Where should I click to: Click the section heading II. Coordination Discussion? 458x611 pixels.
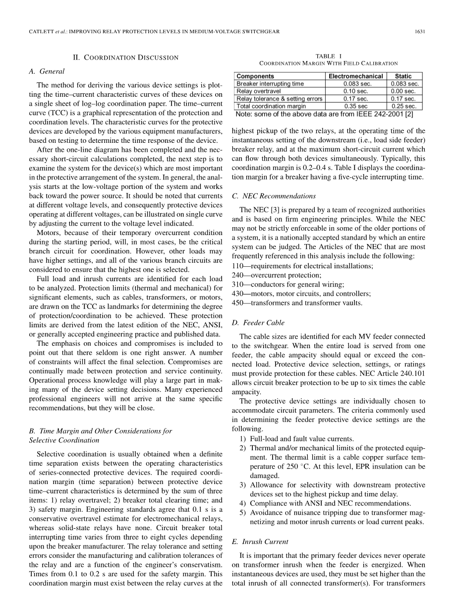(126, 58)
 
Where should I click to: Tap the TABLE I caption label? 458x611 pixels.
(329, 56)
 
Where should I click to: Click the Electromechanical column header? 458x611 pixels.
(355, 76)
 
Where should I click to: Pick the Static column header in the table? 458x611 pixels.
(403, 76)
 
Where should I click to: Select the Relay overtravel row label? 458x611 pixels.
(258, 91)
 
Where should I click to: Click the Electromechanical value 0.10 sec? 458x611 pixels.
(355, 91)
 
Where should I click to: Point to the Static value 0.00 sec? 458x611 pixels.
(403, 91)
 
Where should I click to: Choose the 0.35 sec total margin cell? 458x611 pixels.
(355, 106)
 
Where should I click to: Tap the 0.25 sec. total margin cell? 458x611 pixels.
(403, 106)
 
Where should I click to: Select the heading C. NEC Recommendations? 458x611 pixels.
(273, 196)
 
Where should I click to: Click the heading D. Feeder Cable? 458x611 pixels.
(258, 323)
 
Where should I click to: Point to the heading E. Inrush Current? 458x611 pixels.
(261, 542)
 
